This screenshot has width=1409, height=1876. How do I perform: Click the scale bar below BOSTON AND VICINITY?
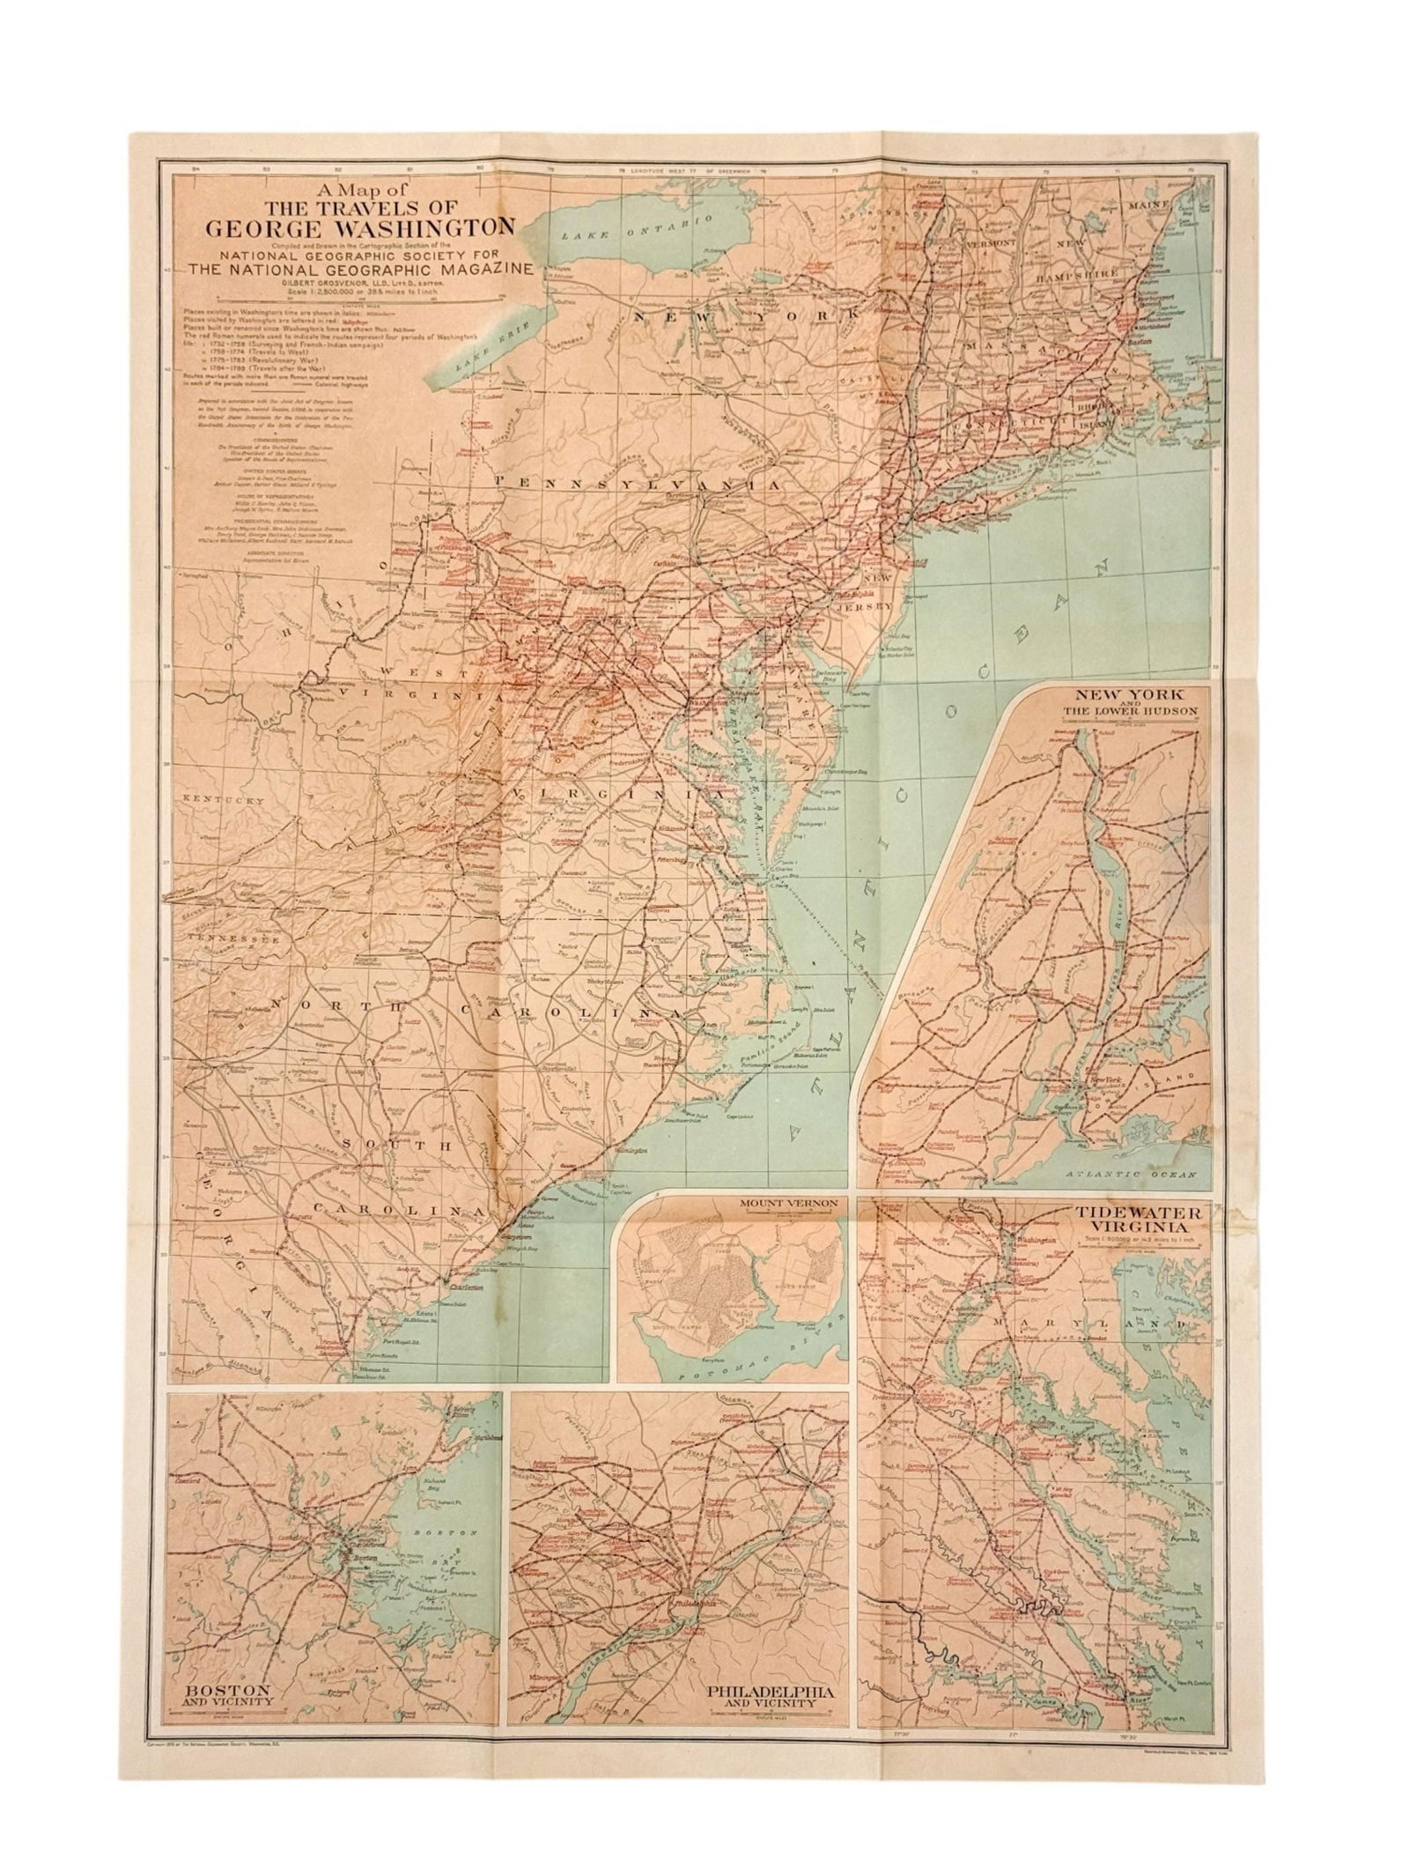click(228, 1636)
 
